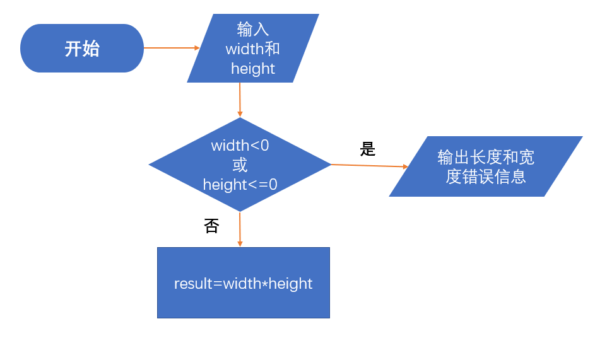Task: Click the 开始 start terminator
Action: (82, 49)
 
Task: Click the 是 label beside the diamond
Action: (368, 149)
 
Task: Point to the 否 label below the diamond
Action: (211, 226)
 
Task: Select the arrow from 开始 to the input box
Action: (170, 47)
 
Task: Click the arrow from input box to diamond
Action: (240, 100)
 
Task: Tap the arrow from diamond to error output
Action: (369, 166)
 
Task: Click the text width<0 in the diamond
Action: (240, 146)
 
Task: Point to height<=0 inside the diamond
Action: (240, 185)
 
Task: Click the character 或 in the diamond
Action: (240, 165)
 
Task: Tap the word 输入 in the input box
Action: (253, 29)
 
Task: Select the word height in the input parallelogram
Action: (253, 69)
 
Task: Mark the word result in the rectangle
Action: (193, 284)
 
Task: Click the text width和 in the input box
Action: (253, 49)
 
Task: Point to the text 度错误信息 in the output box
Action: (486, 177)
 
